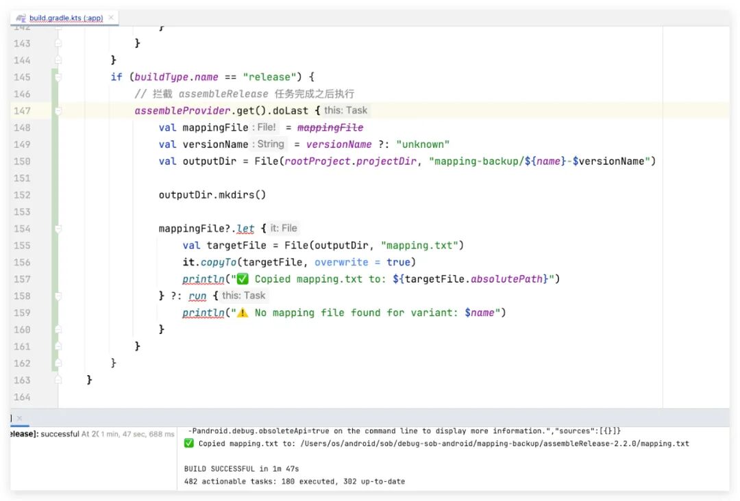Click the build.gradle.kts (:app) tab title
[x=66, y=18]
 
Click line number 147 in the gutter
[x=22, y=110]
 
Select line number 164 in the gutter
[x=22, y=396]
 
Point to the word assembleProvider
[x=175, y=110]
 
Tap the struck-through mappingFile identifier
[x=330, y=127]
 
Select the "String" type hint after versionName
[x=270, y=144]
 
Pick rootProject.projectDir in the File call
[x=351, y=161]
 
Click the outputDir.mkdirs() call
[x=212, y=194]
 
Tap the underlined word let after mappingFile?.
[x=245, y=228]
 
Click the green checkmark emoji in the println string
[x=242, y=279]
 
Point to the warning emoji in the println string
[x=242, y=313]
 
